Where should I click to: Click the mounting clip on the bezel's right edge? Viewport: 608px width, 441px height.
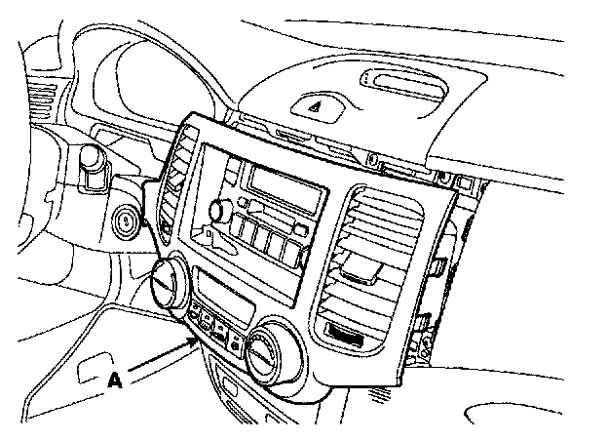(x=440, y=265)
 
